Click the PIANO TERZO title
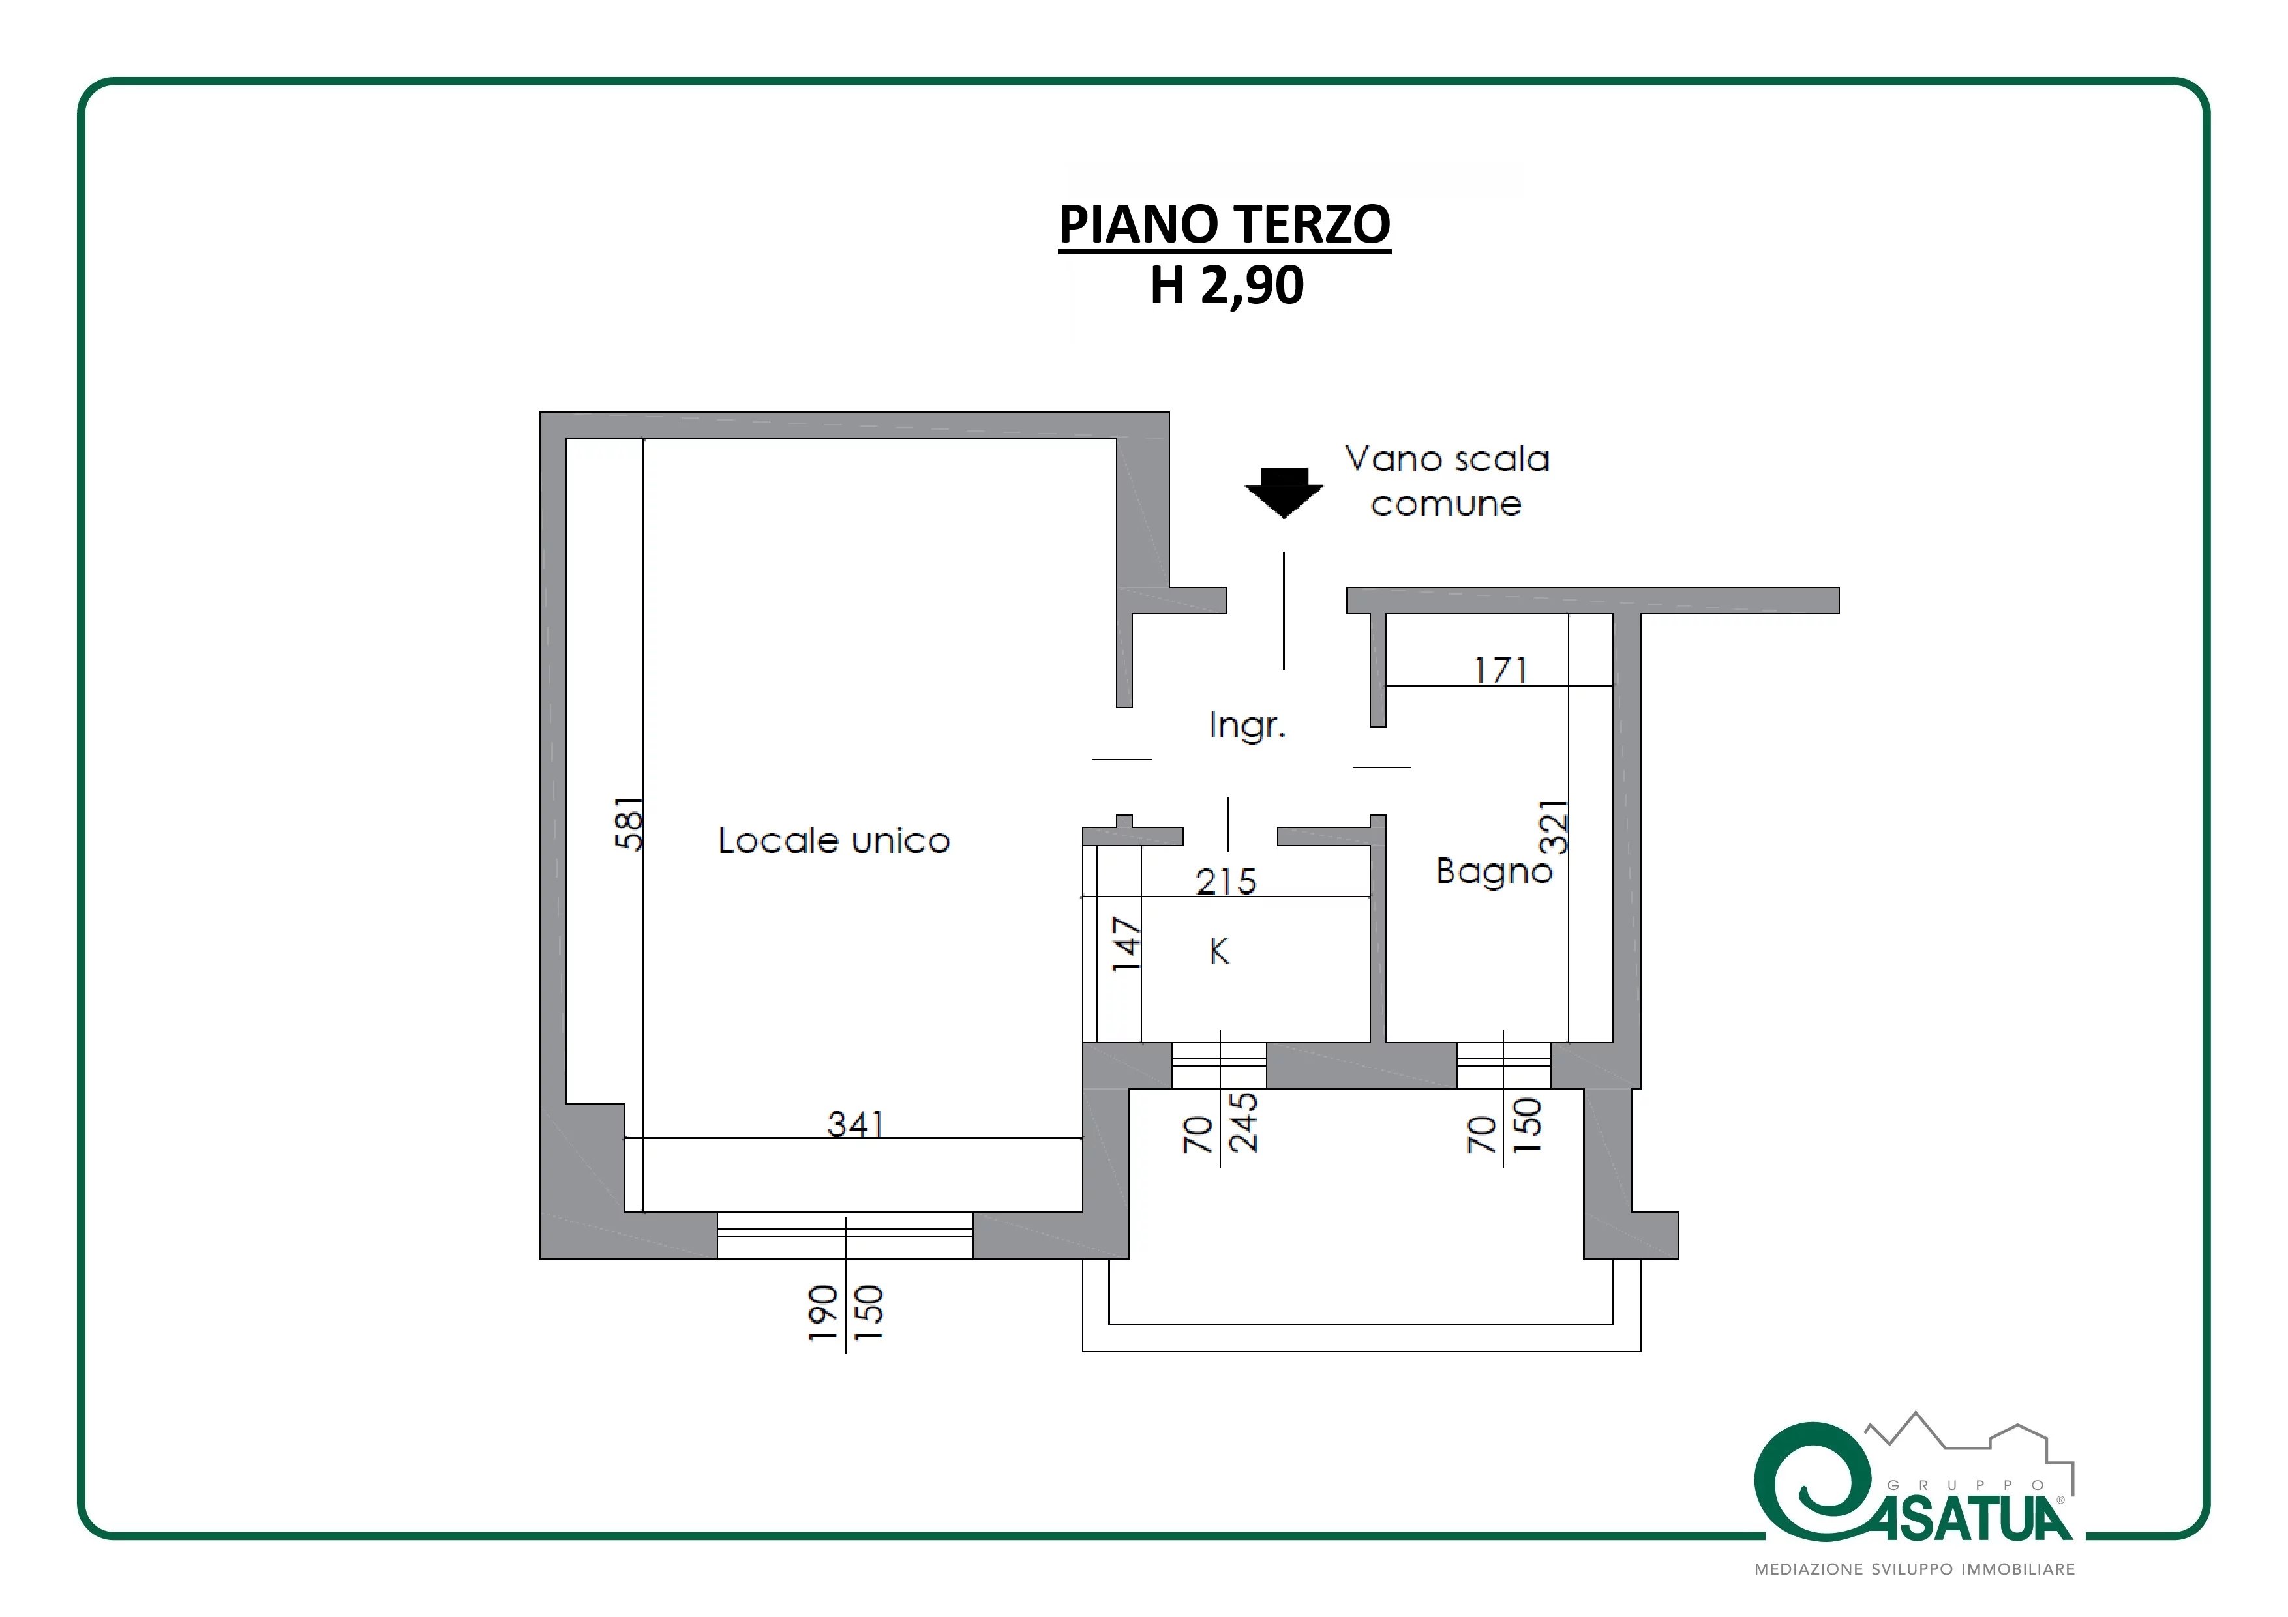(1225, 224)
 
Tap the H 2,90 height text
(1227, 285)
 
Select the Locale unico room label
(834, 841)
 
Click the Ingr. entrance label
(1246, 726)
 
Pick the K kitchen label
(1219, 951)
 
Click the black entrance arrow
(1284, 493)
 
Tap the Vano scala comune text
(1447, 481)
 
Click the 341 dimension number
(855, 1124)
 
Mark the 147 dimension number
(1126, 945)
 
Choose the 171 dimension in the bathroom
(1501, 670)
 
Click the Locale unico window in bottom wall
(845, 1236)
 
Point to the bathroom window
(1504, 1065)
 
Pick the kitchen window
(1219, 1065)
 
